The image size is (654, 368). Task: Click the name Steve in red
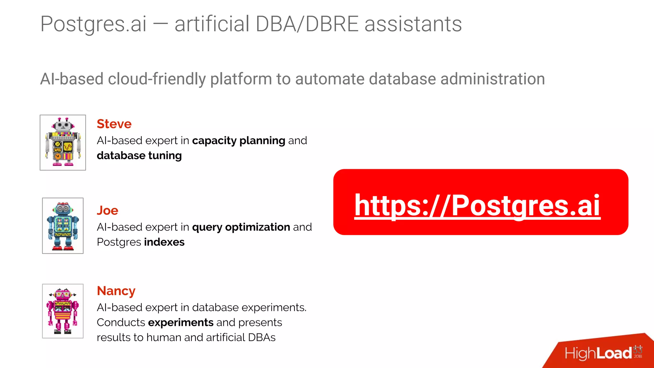click(x=114, y=124)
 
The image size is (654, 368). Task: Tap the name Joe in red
click(x=107, y=211)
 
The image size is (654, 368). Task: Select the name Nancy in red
click(x=116, y=291)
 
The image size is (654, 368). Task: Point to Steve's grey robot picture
click(x=63, y=142)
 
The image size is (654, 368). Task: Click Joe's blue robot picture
click(x=63, y=226)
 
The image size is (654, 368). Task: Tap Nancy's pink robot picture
click(x=63, y=311)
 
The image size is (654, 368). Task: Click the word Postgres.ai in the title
click(x=94, y=24)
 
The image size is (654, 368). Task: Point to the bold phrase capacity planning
click(x=239, y=141)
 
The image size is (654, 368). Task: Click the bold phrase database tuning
click(x=139, y=156)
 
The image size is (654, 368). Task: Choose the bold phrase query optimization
click(x=241, y=227)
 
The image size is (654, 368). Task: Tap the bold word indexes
click(x=164, y=242)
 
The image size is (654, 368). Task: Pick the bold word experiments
click(x=181, y=323)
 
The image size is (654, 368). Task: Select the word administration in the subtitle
click(x=493, y=79)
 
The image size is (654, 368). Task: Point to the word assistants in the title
click(x=413, y=24)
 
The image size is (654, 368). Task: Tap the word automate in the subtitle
click(x=330, y=79)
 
